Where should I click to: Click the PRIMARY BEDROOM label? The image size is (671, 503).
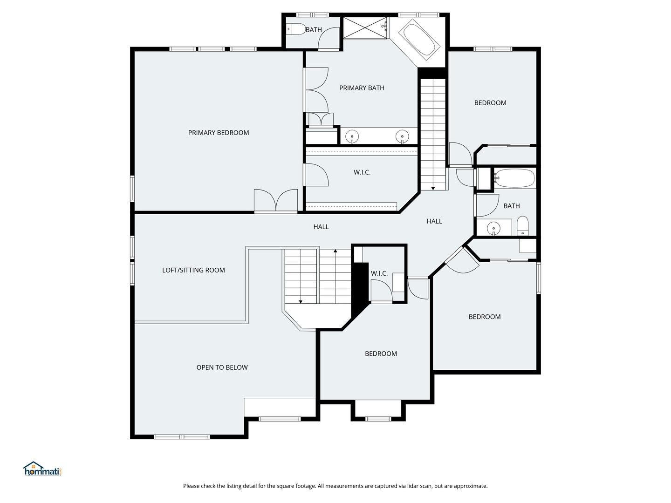tap(218, 133)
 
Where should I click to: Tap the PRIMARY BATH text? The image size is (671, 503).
tap(362, 88)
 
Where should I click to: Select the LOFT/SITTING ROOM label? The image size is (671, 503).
tap(193, 270)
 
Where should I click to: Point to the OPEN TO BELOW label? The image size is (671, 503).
tap(222, 367)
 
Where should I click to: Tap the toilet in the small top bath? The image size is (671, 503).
tap(296, 29)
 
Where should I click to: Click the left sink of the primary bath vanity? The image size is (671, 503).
tap(352, 136)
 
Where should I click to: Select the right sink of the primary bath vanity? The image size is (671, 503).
tap(402, 136)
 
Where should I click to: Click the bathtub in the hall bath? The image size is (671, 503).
tap(514, 178)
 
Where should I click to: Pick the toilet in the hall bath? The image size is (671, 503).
tap(523, 226)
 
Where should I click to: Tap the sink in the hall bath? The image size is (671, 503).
tap(493, 228)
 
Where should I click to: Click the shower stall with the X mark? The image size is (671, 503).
tap(365, 28)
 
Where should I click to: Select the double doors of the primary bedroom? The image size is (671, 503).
tap(276, 200)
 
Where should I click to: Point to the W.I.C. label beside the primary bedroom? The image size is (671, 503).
tap(362, 172)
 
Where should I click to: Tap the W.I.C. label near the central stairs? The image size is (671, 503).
tap(379, 273)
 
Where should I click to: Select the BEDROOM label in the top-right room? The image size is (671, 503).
tap(490, 103)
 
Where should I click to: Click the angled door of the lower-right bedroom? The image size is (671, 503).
tap(462, 260)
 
